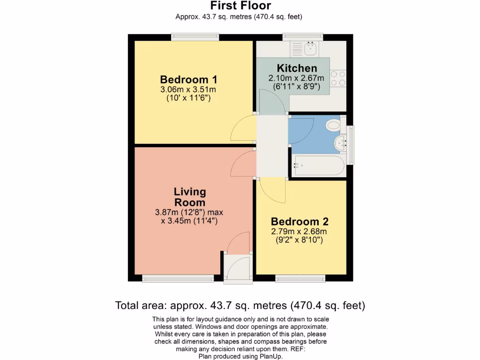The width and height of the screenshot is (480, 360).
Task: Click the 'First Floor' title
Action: coord(240,6)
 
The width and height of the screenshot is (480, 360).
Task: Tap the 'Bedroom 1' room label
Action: coord(188,79)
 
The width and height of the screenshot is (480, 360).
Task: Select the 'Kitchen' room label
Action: coord(297,68)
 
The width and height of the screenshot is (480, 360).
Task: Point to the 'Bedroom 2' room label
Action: coord(300,222)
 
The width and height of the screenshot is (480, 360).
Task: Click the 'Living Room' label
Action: coord(190,197)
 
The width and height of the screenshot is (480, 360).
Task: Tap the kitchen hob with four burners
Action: coord(338,78)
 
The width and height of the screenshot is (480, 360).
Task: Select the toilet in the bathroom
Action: coord(334,125)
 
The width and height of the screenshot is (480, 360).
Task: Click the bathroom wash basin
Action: coord(339,143)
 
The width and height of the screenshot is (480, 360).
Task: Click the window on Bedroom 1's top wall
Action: coord(195,36)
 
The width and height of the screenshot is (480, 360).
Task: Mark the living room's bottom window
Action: coord(178,279)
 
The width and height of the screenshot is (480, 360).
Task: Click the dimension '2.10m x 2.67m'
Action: coord(296,78)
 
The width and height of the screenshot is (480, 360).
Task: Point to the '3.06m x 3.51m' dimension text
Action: coord(188,90)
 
